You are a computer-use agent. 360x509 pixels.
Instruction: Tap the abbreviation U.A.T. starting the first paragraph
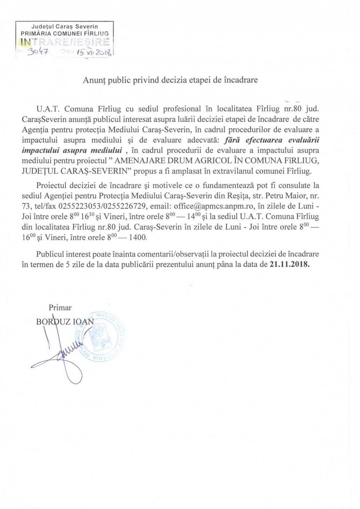(x=45, y=108)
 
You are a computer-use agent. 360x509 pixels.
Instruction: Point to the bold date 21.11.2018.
(x=290, y=264)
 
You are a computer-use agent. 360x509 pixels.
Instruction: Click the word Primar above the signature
(x=60, y=308)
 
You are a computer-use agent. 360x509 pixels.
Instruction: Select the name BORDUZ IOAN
(x=65, y=321)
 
